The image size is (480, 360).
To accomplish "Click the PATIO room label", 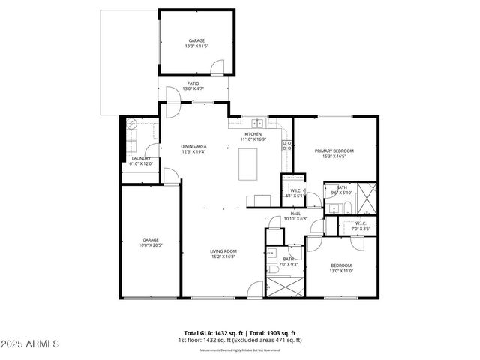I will click(x=193, y=84).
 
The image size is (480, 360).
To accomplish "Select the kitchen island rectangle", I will click(x=250, y=164).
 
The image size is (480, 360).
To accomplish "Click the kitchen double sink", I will click(x=258, y=124).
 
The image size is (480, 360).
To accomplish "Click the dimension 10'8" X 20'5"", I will click(x=150, y=245).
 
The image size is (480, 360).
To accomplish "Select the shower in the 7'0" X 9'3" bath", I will click(x=286, y=286).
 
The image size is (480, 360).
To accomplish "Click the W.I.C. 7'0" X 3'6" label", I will click(x=361, y=226).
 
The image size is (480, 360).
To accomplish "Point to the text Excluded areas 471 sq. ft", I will click(x=272, y=339).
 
